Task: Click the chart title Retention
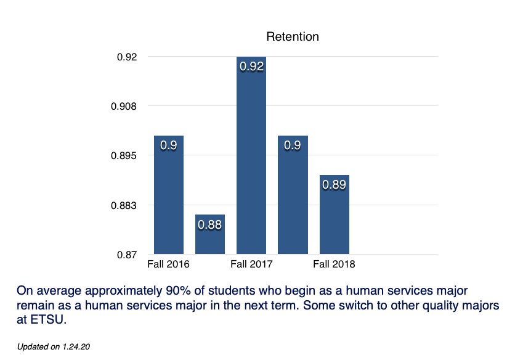[293, 36]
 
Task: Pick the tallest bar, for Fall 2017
[251, 160]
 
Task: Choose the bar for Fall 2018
[335, 216]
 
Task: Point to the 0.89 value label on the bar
[335, 184]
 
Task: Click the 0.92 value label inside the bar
[251, 67]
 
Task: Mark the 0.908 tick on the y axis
[123, 106]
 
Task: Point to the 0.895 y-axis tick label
[123, 155]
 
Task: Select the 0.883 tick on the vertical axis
[123, 205]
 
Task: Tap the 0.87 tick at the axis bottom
[127, 254]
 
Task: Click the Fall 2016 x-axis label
[168, 264]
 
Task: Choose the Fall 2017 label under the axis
[251, 264]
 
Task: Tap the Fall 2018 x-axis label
[334, 264]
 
